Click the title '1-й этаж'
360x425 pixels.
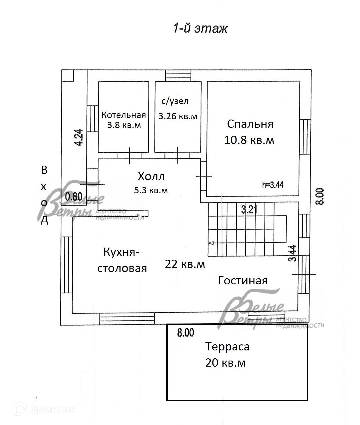click(x=200, y=29)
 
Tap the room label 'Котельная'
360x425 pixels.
click(x=123, y=115)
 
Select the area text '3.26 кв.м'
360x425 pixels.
click(x=178, y=116)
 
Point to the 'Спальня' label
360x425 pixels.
click(x=250, y=124)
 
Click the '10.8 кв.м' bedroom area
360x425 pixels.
click(x=249, y=140)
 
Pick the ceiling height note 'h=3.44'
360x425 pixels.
click(x=273, y=185)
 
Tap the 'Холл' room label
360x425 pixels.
click(x=151, y=176)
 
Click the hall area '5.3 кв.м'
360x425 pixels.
click(x=151, y=190)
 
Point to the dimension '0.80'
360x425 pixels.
click(x=74, y=197)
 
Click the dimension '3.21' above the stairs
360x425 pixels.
click(x=249, y=210)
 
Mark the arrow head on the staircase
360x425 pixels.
click(x=211, y=243)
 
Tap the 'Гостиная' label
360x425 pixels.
click(x=243, y=280)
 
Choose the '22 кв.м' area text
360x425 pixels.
click(x=185, y=264)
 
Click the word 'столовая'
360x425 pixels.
click(x=122, y=268)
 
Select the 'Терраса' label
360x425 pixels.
click(x=227, y=347)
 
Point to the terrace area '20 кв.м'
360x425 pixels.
click(x=226, y=362)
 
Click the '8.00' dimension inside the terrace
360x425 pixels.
click(x=185, y=333)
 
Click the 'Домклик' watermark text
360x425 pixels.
click(x=52, y=410)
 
